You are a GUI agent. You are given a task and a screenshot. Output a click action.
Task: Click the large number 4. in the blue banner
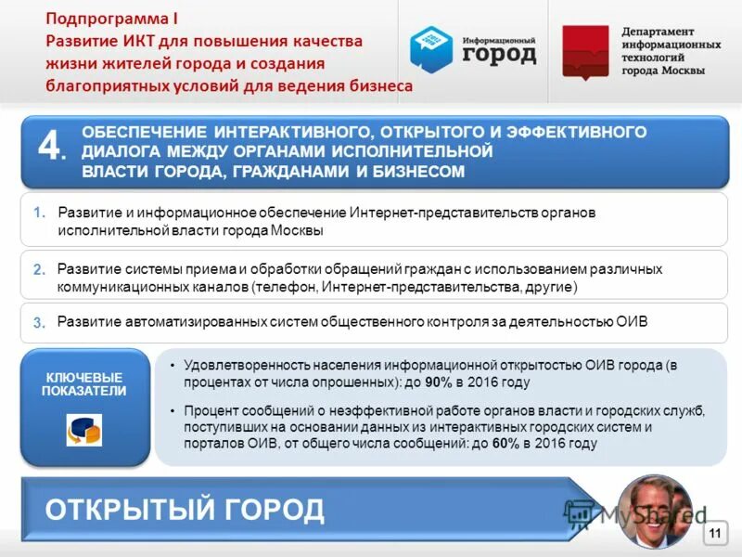click(52, 148)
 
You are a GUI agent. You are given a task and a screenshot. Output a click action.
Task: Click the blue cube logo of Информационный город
click(430, 48)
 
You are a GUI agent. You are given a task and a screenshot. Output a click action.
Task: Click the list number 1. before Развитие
click(39, 213)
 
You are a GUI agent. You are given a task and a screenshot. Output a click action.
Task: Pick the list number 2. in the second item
click(39, 270)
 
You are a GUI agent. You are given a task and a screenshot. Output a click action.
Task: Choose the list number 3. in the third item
click(39, 323)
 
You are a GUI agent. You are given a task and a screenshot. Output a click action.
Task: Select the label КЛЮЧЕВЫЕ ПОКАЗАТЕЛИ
click(84, 384)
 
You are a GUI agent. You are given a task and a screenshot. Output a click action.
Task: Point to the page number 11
click(714, 532)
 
